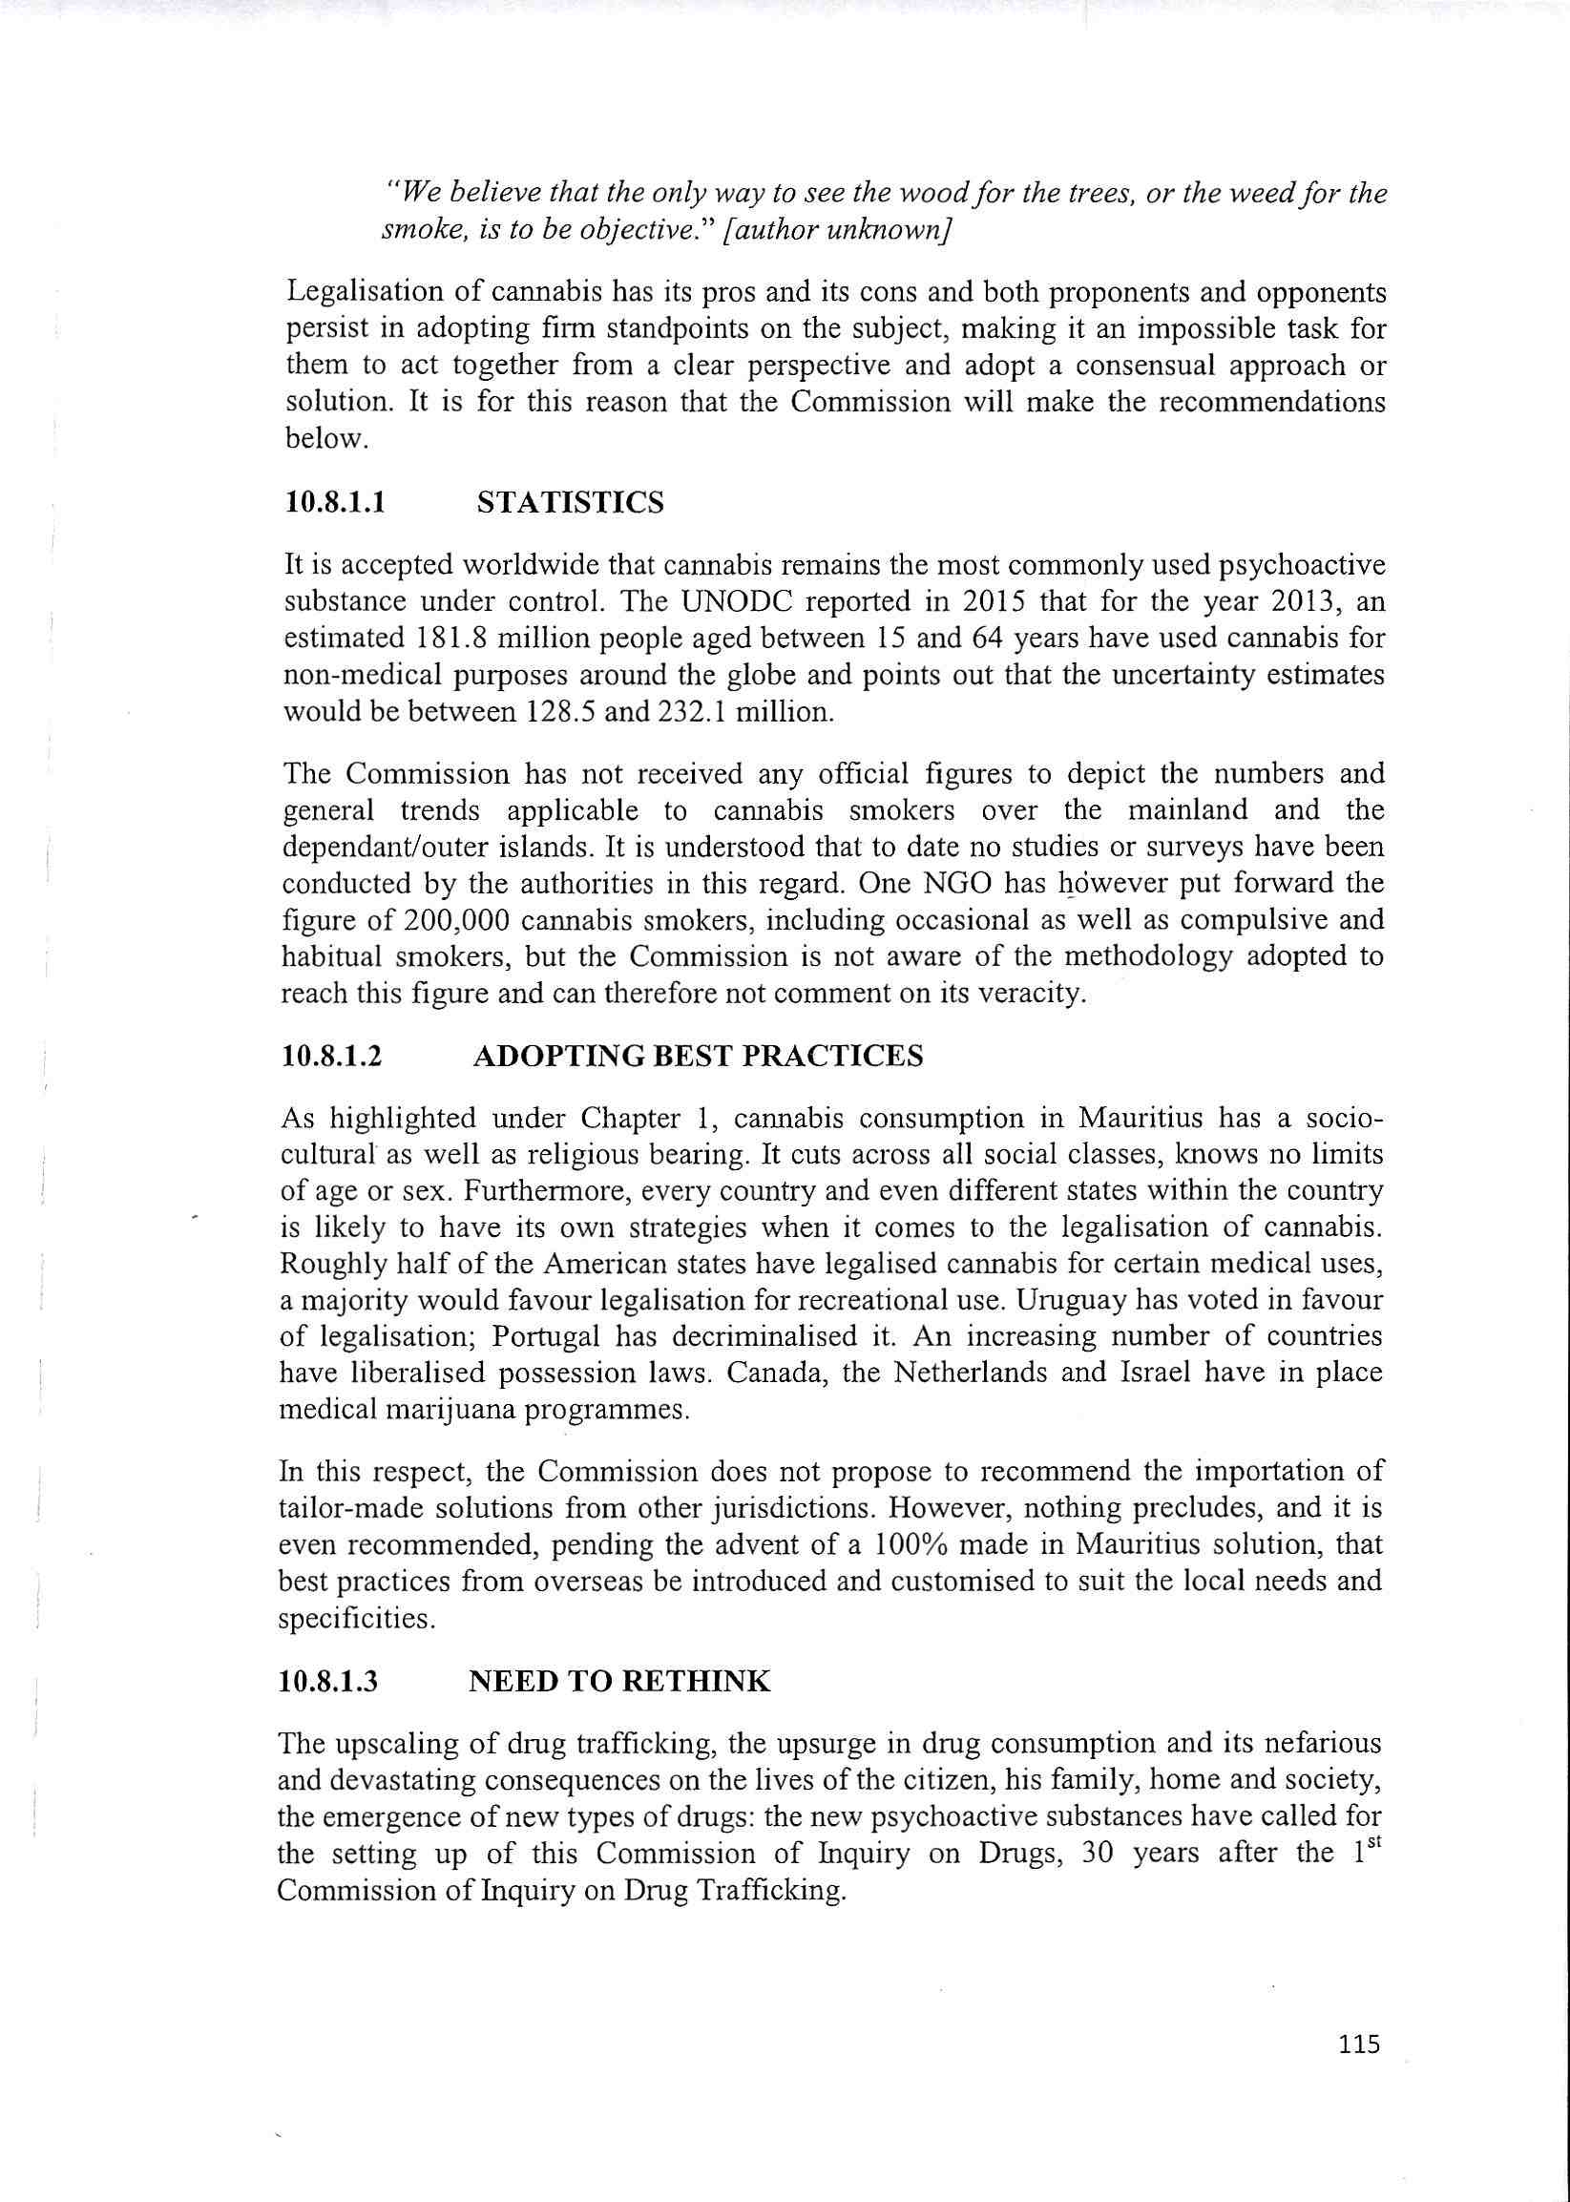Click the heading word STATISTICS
pyautogui.click(x=571, y=503)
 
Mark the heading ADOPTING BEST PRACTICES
pyautogui.click(x=698, y=1056)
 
